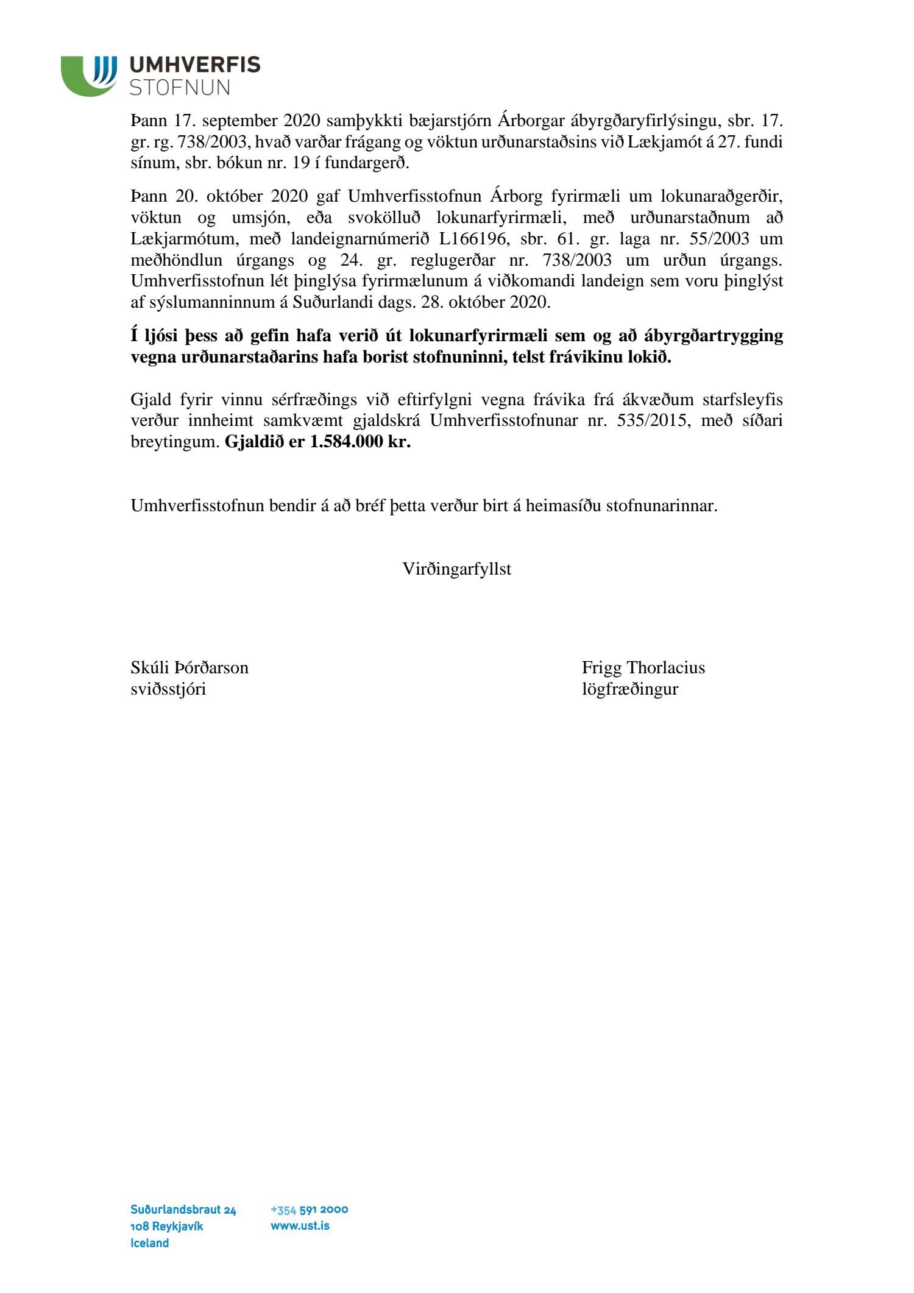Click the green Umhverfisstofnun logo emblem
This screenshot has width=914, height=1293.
(x=89, y=76)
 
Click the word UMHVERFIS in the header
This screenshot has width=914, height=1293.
(x=195, y=65)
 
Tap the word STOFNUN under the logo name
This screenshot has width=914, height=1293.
(x=180, y=87)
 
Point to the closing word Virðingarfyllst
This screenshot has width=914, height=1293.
(x=456, y=569)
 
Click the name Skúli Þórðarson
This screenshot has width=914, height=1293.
(x=190, y=668)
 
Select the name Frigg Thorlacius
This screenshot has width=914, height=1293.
(x=643, y=668)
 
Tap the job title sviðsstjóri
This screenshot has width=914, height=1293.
(x=168, y=689)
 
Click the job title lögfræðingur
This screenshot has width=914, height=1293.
(x=630, y=689)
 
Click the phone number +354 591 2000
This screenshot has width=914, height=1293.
(x=309, y=1210)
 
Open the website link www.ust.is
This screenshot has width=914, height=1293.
(x=300, y=1225)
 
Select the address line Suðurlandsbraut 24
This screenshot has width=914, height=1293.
(x=183, y=1210)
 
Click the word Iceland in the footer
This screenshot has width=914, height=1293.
(x=149, y=1243)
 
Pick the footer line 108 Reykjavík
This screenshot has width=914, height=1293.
(x=166, y=1226)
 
